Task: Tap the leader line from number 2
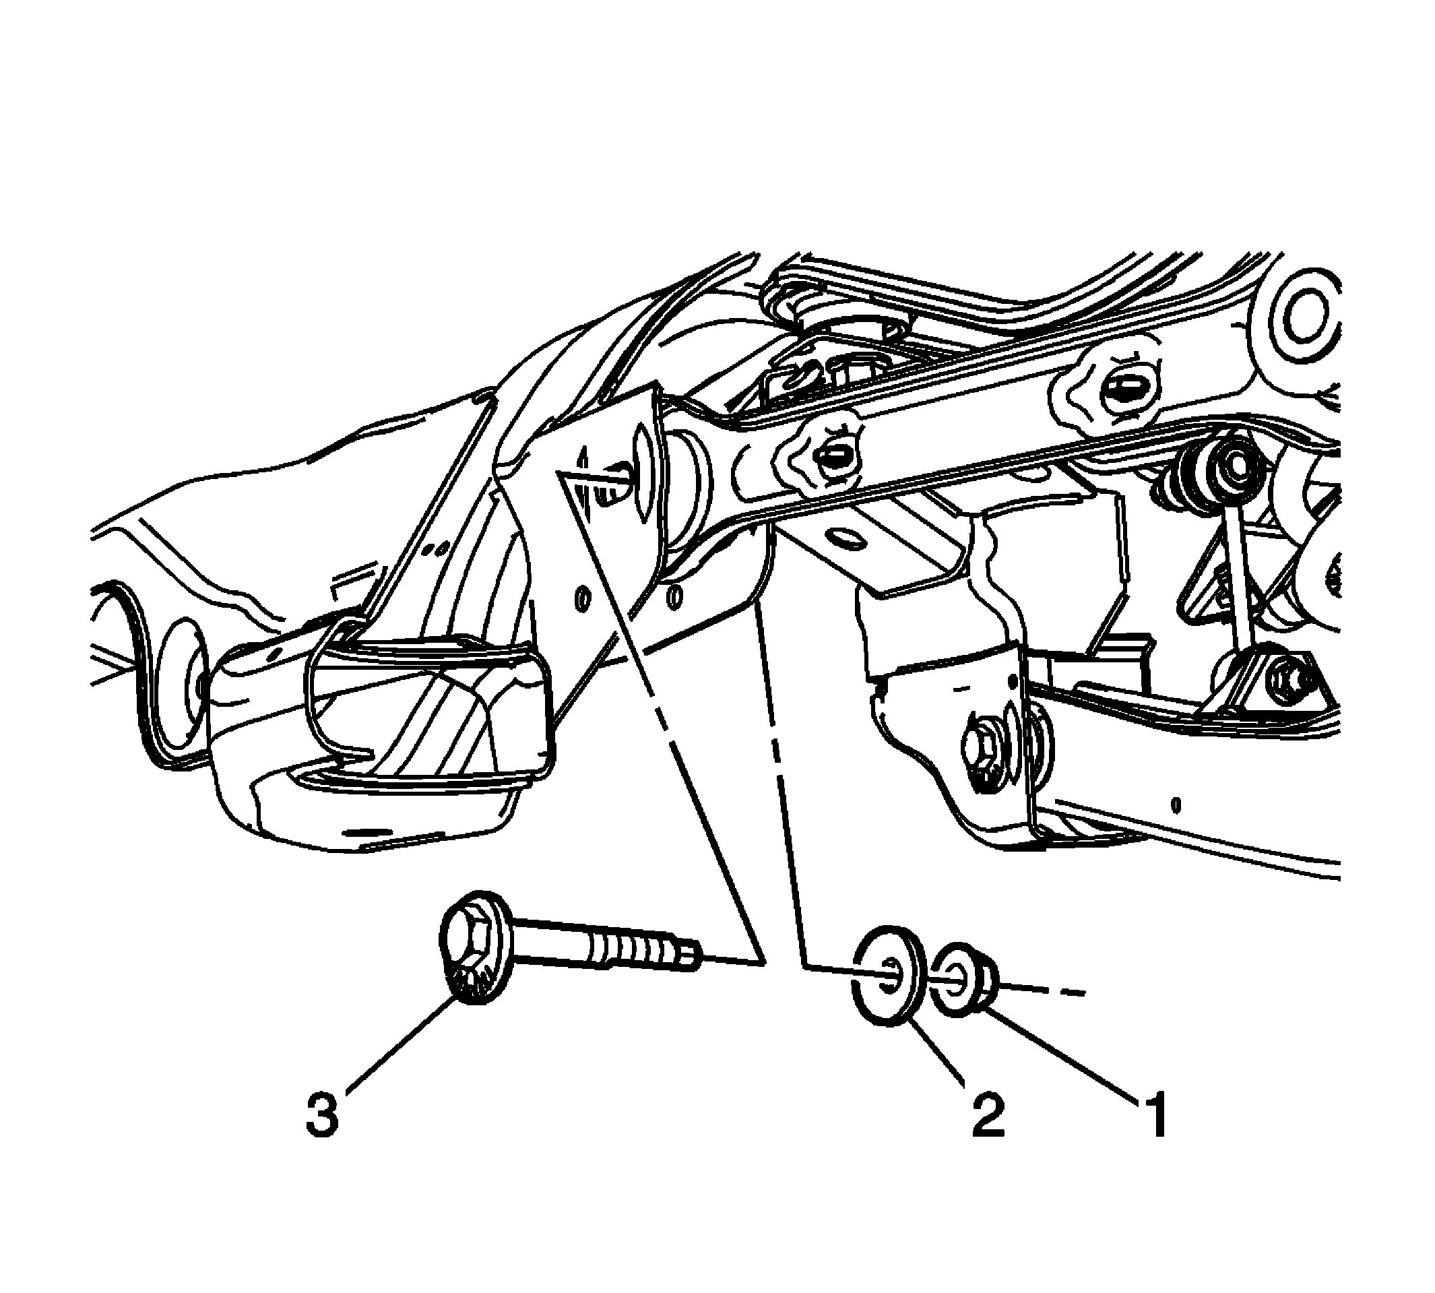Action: click(x=938, y=1054)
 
